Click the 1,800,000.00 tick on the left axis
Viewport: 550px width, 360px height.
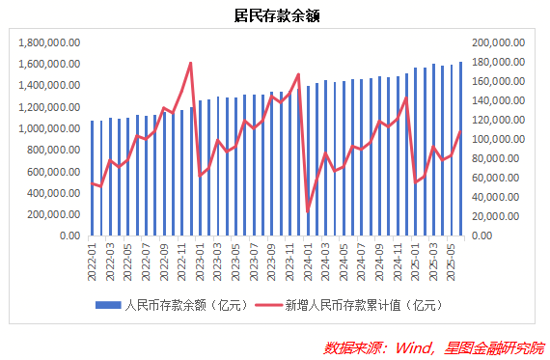(x=48, y=42)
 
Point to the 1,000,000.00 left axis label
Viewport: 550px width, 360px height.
(x=48, y=128)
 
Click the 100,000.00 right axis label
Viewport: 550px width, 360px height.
(x=498, y=139)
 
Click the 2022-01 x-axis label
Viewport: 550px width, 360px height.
(x=93, y=258)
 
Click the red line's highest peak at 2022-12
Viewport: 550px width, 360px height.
(x=191, y=63)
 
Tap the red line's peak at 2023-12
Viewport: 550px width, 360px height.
(x=299, y=74)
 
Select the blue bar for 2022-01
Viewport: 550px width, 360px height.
(x=93, y=178)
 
